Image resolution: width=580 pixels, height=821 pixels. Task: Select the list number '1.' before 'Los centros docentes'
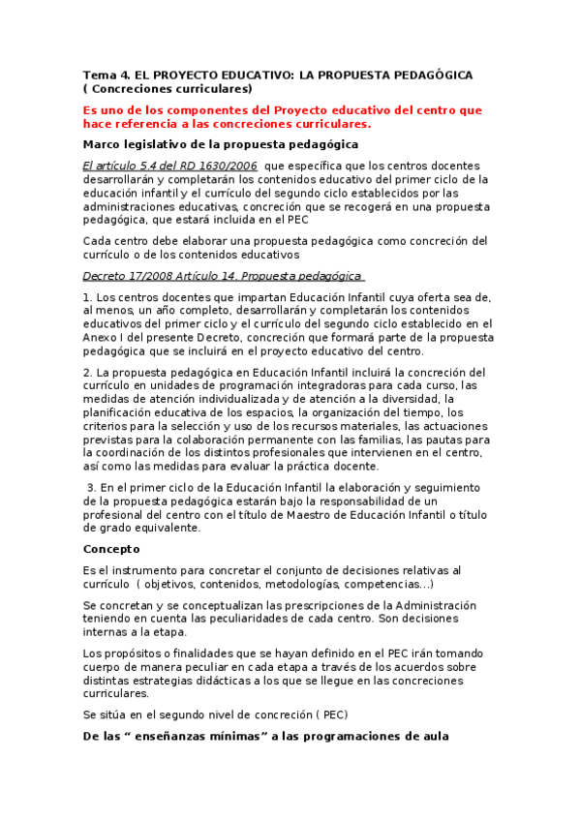tap(87, 296)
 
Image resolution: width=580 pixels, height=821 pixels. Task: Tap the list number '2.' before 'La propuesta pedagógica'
tap(87, 372)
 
